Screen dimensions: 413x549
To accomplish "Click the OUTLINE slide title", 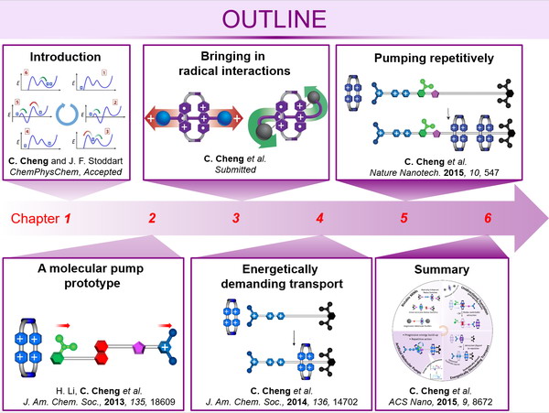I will coord(274,20).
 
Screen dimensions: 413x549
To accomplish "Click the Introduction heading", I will coord(70,57).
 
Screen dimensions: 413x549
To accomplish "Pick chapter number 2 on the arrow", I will coord(152,219).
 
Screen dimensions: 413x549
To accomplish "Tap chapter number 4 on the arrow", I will coord(319,219).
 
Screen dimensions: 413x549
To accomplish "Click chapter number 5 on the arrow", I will coord(404,219).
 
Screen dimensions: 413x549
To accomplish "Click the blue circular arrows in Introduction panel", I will coord(70,115).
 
